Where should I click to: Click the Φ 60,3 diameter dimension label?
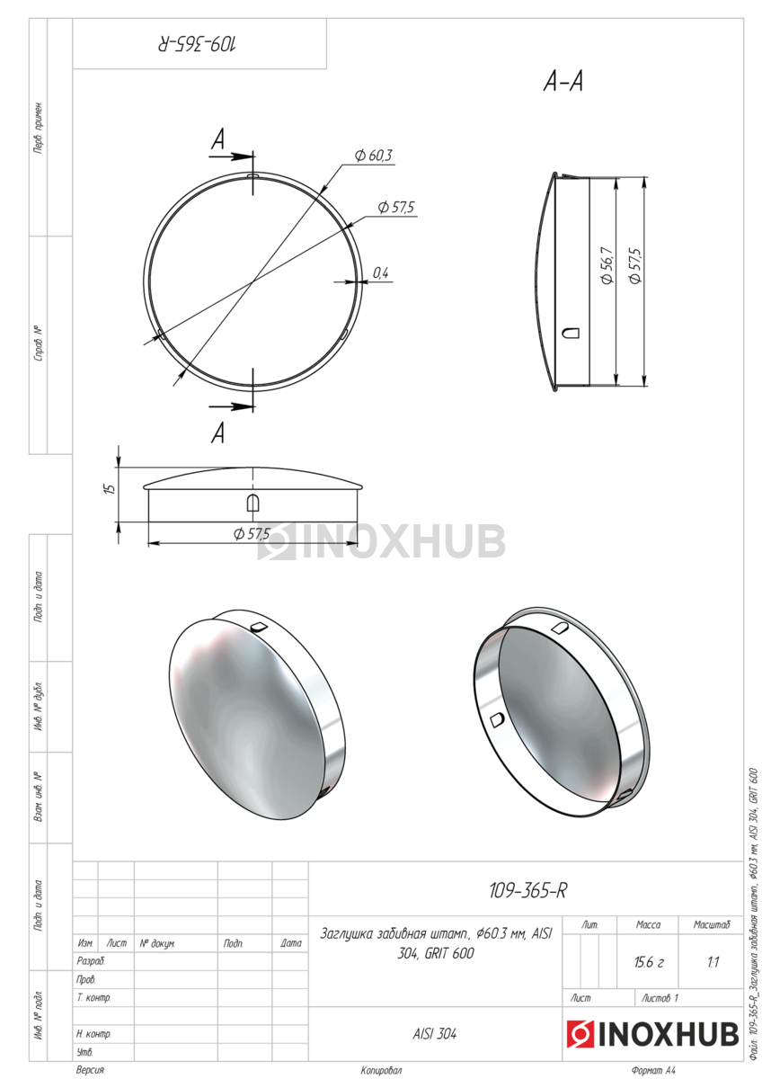[373, 156]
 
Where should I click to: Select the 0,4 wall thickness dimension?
[380, 273]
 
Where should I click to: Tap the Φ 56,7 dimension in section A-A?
[607, 265]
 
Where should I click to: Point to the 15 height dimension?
[110, 488]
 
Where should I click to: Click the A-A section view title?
[563, 82]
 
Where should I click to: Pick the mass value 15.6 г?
[649, 962]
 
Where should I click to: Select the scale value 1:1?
[713, 962]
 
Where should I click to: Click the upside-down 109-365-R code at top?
[197, 44]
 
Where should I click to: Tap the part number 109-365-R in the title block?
[527, 891]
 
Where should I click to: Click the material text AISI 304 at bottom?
[434, 1034]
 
